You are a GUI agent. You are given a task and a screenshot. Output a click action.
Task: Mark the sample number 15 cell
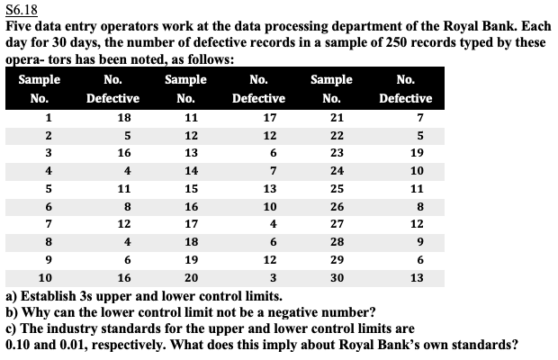coord(189,189)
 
